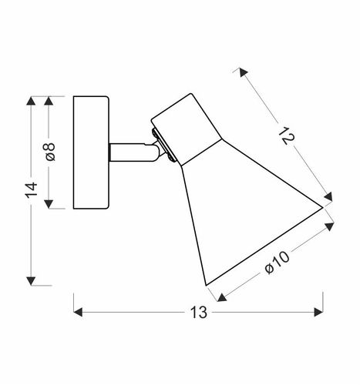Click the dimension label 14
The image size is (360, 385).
[x=32, y=190]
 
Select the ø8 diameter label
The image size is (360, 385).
[x=50, y=152]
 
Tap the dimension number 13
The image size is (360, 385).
[x=198, y=313]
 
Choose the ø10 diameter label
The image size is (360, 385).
[x=277, y=263]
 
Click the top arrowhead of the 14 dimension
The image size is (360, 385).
[x=31, y=100]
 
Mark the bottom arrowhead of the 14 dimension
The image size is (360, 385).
[x=31, y=281]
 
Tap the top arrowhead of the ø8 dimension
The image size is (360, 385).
[x=49, y=100]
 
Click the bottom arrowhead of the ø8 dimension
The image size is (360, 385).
[x=49, y=204]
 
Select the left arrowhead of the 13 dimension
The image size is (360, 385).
[x=78, y=312]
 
